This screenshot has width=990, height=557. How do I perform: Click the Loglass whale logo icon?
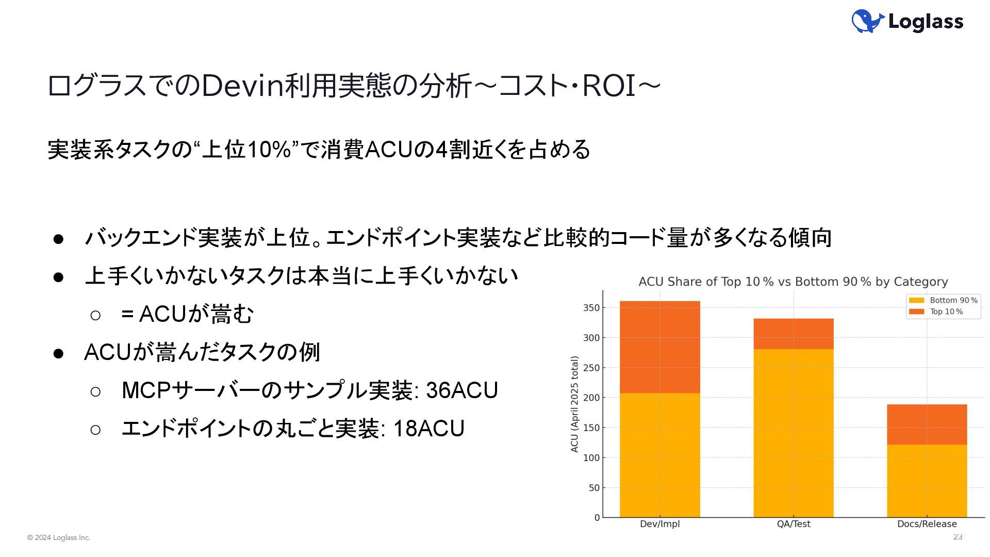868,21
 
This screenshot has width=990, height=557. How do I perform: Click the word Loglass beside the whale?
926,22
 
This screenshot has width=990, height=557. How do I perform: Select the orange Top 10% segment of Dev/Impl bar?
659,347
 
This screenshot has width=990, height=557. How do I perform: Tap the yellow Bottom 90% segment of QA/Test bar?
794,433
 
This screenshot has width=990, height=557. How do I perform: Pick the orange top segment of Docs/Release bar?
927,424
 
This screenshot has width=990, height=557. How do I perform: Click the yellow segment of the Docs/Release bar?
927,481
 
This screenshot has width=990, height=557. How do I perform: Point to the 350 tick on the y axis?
591,308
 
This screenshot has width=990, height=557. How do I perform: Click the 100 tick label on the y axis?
591,457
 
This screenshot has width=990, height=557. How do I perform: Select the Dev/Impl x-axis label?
659,524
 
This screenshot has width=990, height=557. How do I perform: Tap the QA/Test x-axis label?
794,524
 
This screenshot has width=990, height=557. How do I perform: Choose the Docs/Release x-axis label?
927,524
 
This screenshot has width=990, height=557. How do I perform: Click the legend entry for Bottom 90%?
943,300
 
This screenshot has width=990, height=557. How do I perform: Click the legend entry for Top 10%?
936,312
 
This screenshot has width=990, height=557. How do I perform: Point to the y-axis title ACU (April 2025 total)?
574,404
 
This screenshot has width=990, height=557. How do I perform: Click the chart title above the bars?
793,282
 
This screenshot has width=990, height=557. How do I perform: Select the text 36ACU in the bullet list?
462,390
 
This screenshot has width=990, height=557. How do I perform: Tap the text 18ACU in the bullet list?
429,429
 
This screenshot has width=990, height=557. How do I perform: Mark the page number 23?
958,537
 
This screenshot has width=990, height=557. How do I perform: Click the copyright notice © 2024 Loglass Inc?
59,538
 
